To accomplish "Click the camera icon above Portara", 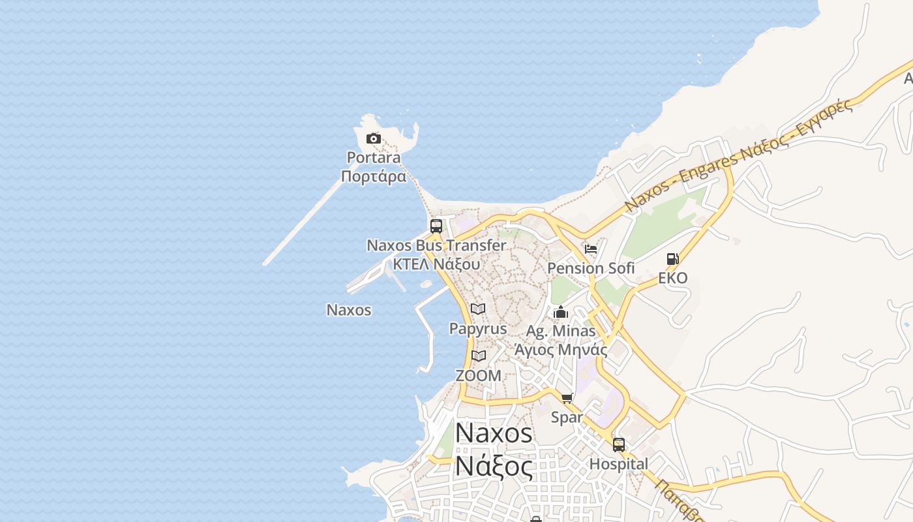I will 374,138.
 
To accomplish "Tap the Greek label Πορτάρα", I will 374,176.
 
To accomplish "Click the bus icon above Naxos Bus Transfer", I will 436,226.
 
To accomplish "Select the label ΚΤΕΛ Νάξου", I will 436,264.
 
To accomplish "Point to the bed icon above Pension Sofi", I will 591,249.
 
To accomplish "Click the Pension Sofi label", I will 591,268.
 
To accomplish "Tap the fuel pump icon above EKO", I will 673,259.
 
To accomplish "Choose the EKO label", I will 673,278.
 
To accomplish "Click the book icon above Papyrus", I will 478,309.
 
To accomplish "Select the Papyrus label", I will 478,328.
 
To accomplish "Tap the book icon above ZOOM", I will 479,356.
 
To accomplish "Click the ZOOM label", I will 479,376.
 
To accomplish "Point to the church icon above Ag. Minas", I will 561,312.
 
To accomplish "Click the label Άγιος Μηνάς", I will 561,350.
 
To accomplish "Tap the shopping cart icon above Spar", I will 567,398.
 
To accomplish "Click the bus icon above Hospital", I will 619,445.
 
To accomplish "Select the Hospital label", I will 619,464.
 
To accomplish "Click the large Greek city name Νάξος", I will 494,466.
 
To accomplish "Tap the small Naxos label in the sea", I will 349,310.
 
